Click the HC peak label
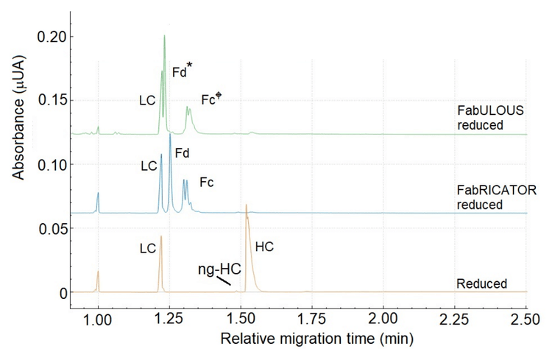point(264,247)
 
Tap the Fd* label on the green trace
point(182,72)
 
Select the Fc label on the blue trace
point(207,181)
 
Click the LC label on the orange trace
point(147,249)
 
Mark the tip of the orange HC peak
point(246,205)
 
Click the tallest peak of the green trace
point(164,35)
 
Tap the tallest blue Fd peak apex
point(170,134)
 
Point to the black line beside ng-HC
point(224,280)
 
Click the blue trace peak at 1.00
point(98,194)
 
